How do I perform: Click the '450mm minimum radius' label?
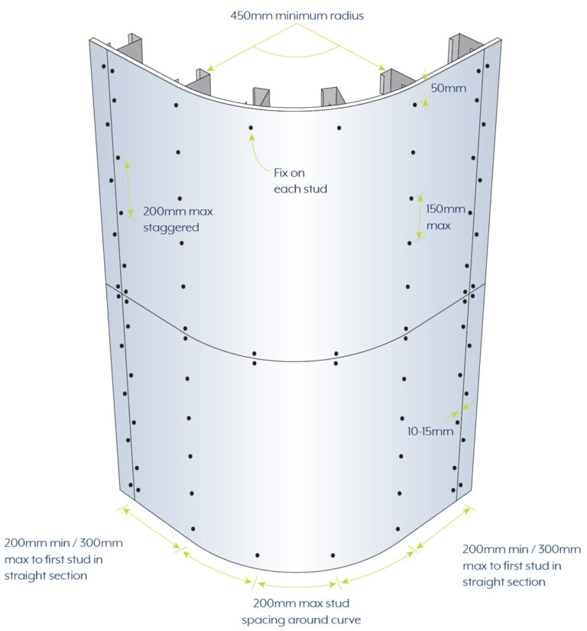click(297, 16)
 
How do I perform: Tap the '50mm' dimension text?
click(449, 88)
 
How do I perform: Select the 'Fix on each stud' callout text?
click(300, 181)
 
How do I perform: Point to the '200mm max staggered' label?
click(177, 219)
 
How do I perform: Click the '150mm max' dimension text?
click(446, 217)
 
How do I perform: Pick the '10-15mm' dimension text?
click(430, 432)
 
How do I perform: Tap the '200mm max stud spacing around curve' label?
click(301, 611)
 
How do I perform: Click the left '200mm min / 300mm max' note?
click(63, 559)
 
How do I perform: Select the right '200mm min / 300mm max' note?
click(521, 565)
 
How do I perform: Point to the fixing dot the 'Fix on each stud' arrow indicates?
click(251, 128)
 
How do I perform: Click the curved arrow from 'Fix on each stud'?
click(258, 155)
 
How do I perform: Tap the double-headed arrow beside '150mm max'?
click(420, 217)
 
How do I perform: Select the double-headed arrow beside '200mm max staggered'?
click(128, 189)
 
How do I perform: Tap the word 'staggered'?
click(171, 228)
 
